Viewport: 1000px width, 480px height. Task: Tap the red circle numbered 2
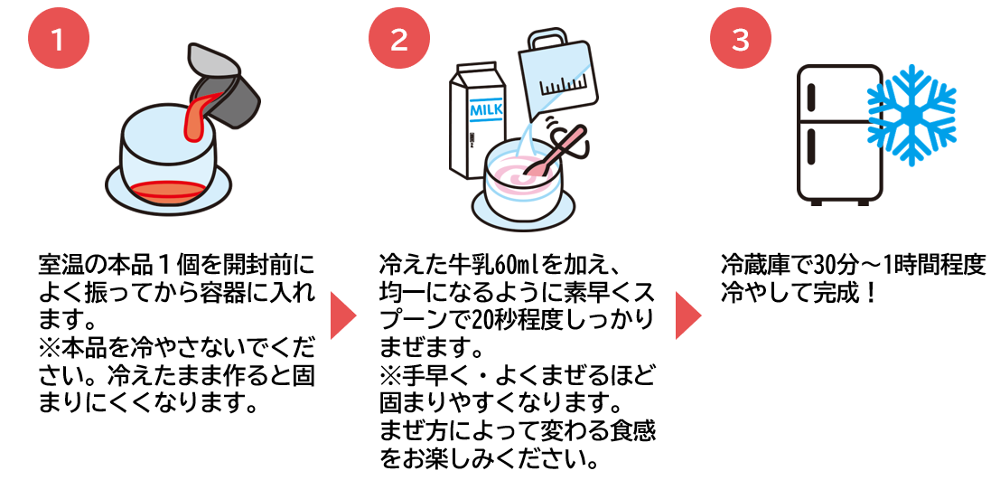398,40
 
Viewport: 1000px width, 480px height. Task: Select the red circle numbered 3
740,40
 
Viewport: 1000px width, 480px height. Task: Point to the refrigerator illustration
837,133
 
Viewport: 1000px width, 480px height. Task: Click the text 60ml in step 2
529,267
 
